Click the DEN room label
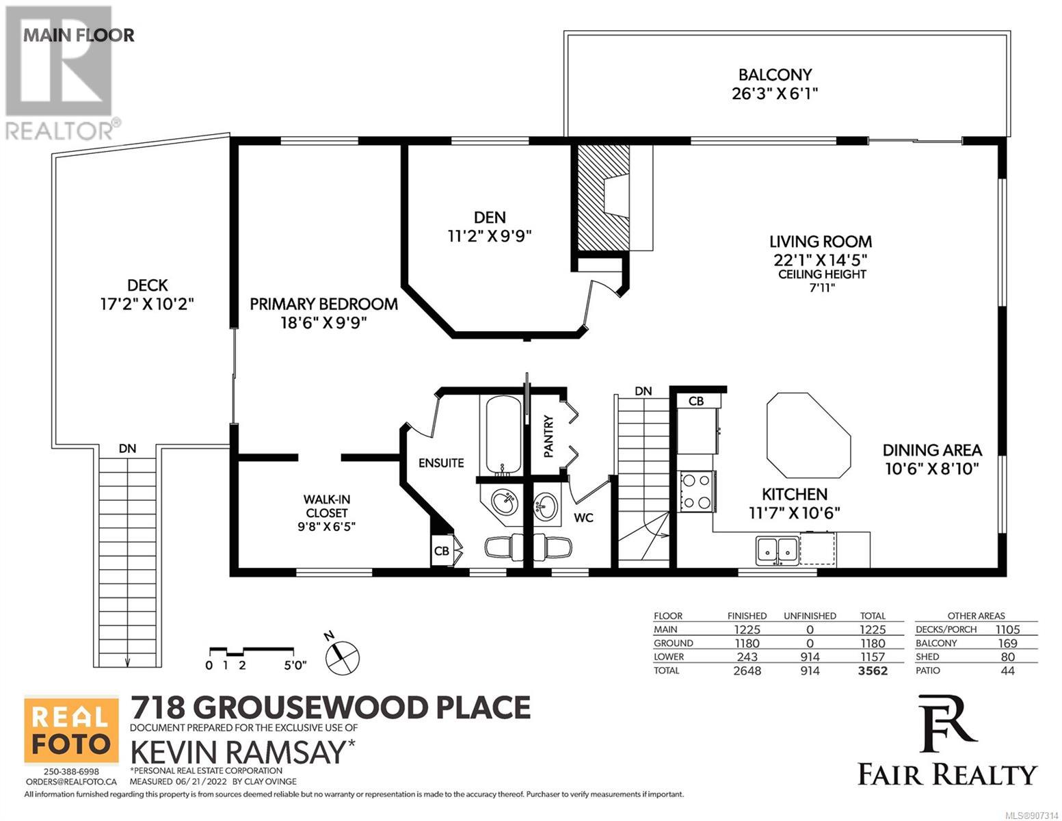[489, 218]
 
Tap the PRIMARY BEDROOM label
[323, 304]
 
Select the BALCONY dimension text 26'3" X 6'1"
[775, 94]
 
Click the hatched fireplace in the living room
[603, 198]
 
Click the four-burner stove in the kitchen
[697, 491]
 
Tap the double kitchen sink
[778, 551]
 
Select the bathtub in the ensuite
[503, 434]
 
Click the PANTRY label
[548, 436]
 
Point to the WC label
[583, 518]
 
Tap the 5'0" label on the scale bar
[295, 666]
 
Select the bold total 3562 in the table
[873, 671]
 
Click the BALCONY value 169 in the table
[1007, 644]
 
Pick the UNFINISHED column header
[810, 616]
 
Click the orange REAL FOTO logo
[71, 730]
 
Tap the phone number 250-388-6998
[71, 772]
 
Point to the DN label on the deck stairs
[127, 448]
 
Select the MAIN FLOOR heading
[79, 35]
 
